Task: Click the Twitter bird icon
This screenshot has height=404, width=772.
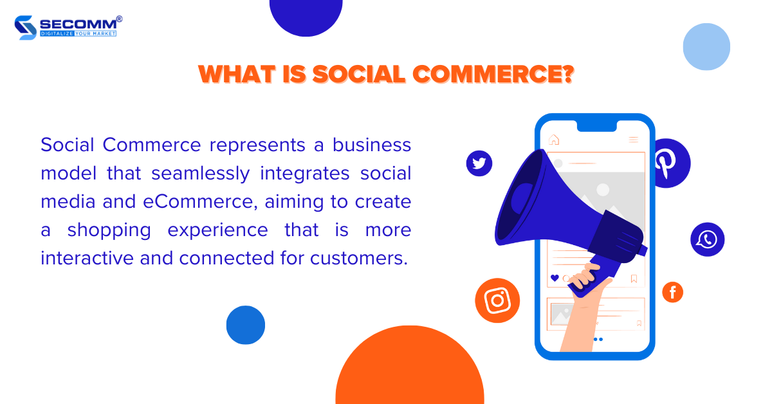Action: point(479,163)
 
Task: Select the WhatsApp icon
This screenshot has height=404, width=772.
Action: point(707,239)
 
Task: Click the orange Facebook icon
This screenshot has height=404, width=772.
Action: point(672,293)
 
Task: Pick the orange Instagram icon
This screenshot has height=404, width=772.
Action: point(497,300)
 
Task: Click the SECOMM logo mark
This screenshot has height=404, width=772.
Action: point(25,28)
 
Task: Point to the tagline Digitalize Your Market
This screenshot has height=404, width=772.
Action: point(78,33)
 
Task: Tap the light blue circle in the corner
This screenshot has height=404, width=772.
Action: point(706,46)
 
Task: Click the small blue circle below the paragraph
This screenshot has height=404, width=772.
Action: point(245,325)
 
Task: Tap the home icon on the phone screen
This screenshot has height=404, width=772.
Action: point(553,140)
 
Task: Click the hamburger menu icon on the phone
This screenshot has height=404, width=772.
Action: point(633,140)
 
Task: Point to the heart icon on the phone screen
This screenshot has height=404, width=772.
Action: point(555,278)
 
